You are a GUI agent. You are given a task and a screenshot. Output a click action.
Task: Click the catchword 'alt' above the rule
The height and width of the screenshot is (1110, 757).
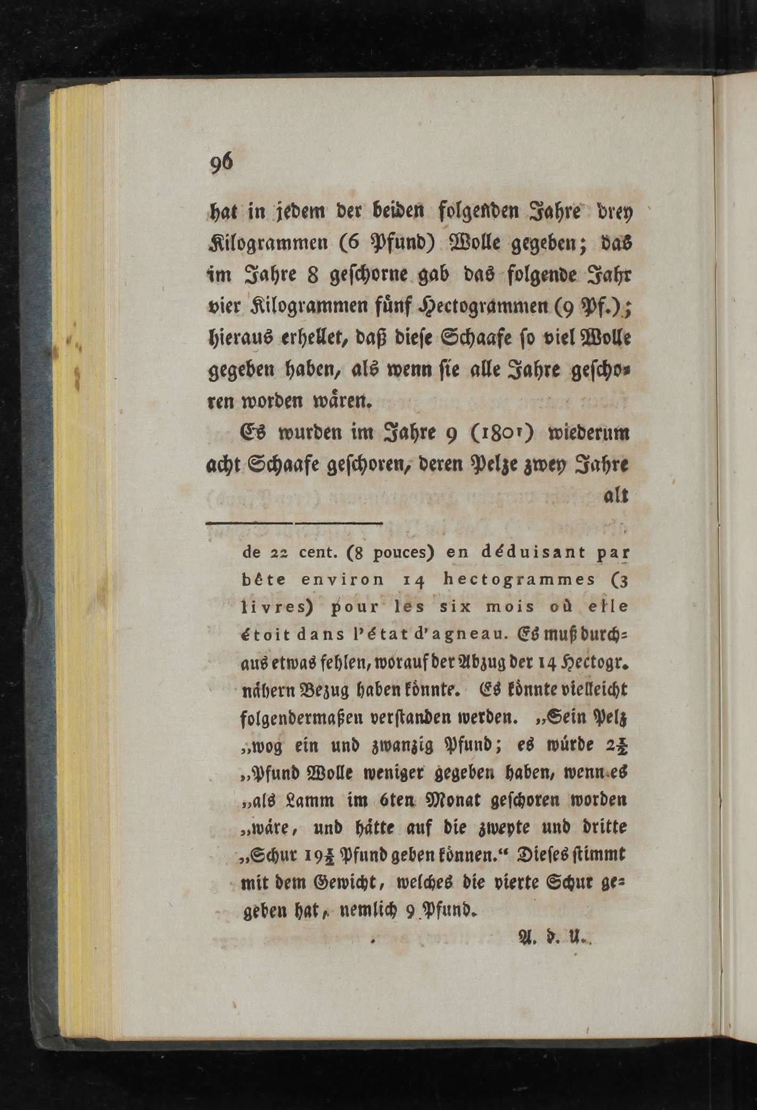pyautogui.click(x=616, y=496)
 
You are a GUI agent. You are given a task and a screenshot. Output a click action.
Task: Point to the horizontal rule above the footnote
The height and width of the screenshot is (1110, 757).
pyautogui.click(x=294, y=523)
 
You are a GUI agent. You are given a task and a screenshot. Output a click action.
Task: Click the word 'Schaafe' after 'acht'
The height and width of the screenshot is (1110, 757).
pyautogui.click(x=283, y=466)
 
